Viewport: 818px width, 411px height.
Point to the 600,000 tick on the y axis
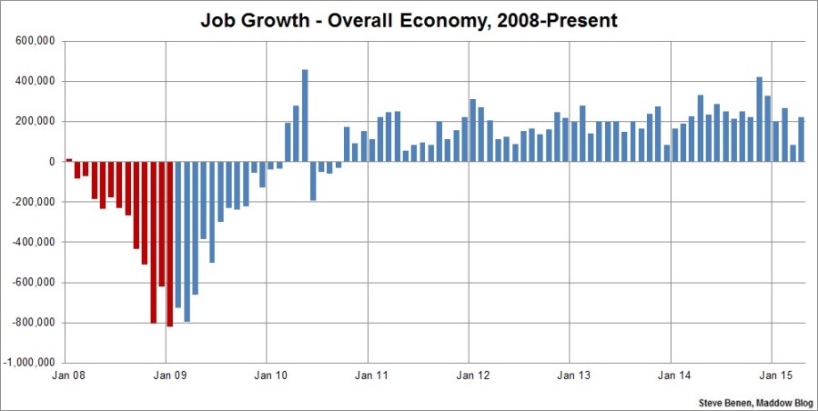click(37, 41)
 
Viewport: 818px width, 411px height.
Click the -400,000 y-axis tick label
click(35, 242)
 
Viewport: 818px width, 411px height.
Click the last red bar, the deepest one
click(170, 243)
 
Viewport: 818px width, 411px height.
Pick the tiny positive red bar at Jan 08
click(68, 160)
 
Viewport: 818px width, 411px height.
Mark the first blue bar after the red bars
click(178, 234)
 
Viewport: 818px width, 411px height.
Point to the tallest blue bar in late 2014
click(759, 119)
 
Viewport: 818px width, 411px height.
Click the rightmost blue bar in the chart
click(802, 139)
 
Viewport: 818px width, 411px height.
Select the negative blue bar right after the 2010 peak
click(313, 181)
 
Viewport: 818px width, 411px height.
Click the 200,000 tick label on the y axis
click(37, 122)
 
